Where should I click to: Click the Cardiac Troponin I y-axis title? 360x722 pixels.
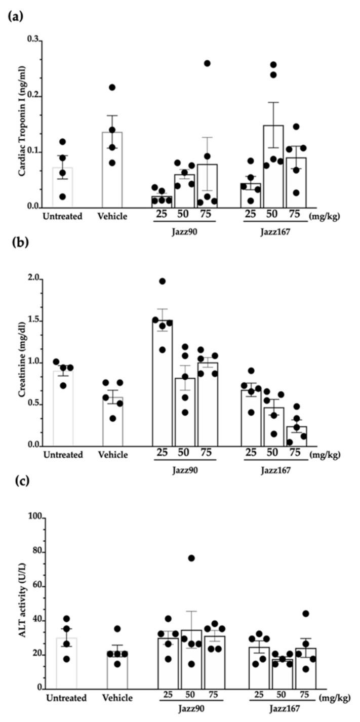(22, 124)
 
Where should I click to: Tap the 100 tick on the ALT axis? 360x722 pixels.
(36, 518)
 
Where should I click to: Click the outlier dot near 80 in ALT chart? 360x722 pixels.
(191, 558)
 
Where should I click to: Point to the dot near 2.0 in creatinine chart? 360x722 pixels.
(162, 281)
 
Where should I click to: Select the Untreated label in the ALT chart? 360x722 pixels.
(66, 698)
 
